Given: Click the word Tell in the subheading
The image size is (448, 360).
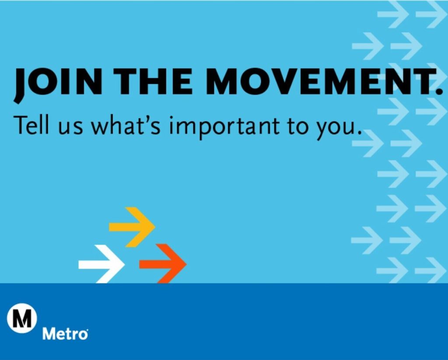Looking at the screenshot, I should click(33, 125).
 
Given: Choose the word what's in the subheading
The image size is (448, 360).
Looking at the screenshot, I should click(127, 125).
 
